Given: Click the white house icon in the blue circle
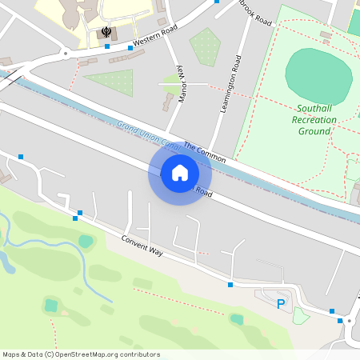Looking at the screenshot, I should (180, 172).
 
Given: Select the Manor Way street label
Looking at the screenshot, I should (181, 81).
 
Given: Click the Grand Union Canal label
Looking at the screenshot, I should (147, 135).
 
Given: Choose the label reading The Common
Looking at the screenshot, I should (205, 153).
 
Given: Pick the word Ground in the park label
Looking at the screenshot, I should (314, 130).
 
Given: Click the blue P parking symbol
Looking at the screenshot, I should (280, 304).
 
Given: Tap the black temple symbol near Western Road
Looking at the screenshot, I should (106, 32).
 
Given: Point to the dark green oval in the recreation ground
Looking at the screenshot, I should (318, 71).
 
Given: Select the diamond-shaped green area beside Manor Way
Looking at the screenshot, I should (206, 46).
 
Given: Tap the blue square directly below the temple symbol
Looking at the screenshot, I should (107, 46).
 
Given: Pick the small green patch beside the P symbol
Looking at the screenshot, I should (300, 316).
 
